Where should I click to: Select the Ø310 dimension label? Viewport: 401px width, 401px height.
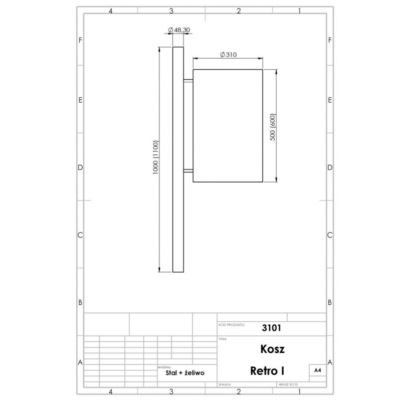click(228, 54)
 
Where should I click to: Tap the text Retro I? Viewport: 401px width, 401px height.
click(267, 371)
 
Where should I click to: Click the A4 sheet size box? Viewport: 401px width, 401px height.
click(317, 370)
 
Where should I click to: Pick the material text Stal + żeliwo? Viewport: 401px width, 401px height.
click(184, 373)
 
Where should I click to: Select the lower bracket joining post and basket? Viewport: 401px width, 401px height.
click(188, 171)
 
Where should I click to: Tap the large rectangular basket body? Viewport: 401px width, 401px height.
click(228, 125)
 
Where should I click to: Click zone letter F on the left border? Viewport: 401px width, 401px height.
click(80, 40)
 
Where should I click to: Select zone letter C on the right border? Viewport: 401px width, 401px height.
click(330, 235)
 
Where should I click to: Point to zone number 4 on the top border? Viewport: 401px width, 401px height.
click(110, 10)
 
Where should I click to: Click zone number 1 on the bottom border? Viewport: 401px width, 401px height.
click(299, 391)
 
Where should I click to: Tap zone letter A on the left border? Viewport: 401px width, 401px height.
click(80, 362)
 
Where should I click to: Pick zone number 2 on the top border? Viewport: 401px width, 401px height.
click(239, 10)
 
